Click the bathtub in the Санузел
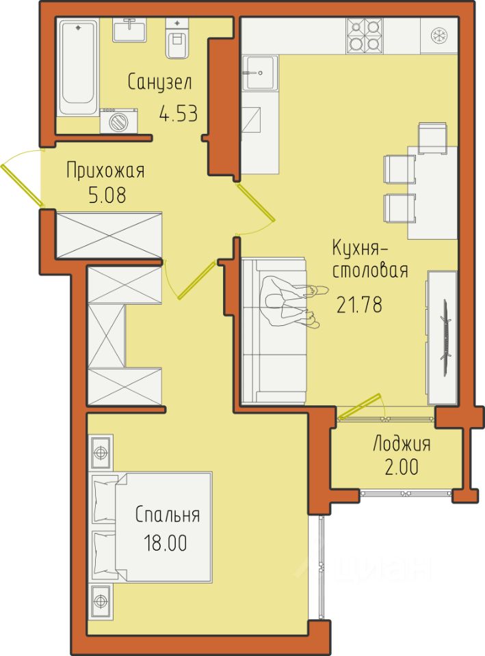point(78,68)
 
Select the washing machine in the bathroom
point(118,121)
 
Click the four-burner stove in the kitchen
point(365,36)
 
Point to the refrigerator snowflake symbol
point(439,35)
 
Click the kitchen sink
point(260,73)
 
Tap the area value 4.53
point(178,113)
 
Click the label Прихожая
point(105,171)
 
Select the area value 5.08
point(107,195)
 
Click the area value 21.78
point(360,305)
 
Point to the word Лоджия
point(402,444)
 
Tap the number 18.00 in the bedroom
point(165,543)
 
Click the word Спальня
point(167,515)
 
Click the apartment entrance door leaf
point(22,185)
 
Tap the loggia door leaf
point(359,406)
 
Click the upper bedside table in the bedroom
point(101,452)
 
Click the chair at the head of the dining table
point(432,139)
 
